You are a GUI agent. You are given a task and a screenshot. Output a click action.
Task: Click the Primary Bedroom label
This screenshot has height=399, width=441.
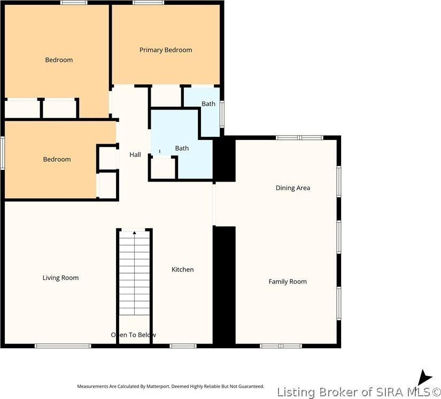pyautogui.click(x=166, y=50)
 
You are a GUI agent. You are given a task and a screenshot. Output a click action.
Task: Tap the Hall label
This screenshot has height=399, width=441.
pyautogui.click(x=135, y=155)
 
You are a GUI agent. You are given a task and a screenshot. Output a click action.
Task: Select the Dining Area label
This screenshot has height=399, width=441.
pyautogui.click(x=292, y=188)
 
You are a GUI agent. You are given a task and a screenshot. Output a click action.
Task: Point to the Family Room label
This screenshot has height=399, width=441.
pyautogui.click(x=288, y=281)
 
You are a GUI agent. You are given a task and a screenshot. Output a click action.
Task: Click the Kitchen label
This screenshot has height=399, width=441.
pyautogui.click(x=182, y=270)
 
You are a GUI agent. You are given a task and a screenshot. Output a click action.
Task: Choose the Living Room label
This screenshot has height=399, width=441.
pyautogui.click(x=60, y=278)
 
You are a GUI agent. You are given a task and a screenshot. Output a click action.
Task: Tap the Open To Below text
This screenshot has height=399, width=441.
pyautogui.click(x=134, y=335)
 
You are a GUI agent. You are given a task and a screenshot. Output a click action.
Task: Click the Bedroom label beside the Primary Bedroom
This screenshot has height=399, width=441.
pyautogui.click(x=59, y=60)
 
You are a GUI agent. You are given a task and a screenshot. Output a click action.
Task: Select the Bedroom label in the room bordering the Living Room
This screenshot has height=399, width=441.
pyautogui.click(x=57, y=159)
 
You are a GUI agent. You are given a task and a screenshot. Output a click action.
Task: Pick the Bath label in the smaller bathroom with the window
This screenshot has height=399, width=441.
pyautogui.click(x=208, y=104)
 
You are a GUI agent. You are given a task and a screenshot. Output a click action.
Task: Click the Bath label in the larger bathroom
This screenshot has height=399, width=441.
pyautogui.click(x=182, y=148)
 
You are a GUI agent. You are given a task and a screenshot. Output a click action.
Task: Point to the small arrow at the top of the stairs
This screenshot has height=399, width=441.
pyautogui.click(x=134, y=233)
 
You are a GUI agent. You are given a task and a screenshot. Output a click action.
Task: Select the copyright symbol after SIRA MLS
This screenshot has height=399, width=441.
pyautogui.click(x=436, y=392)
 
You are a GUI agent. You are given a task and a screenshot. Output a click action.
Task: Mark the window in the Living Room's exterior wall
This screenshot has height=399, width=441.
pyautogui.click(x=63, y=346)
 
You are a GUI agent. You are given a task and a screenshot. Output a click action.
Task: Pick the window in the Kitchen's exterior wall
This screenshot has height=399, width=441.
pyautogui.click(x=183, y=346)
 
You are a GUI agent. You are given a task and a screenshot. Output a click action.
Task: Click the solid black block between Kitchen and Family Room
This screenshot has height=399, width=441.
pyautogui.click(x=225, y=286)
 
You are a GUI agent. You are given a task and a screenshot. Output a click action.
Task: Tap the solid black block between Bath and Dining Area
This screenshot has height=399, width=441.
pyautogui.click(x=224, y=159)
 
